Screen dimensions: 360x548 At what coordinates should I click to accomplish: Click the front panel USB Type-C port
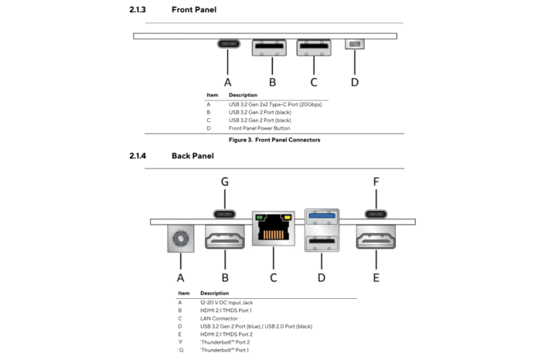pyautogui.click(x=228, y=44)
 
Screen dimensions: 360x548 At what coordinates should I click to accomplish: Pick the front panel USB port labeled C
pyautogui.click(x=314, y=47)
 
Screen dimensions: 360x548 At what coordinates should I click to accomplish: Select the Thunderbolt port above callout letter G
pyautogui.click(x=225, y=214)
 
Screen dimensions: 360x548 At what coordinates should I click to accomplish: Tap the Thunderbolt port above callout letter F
pyautogui.click(x=376, y=214)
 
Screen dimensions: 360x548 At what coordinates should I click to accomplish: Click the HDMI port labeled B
pyautogui.click(x=224, y=239)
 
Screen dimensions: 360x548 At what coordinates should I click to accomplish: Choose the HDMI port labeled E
pyautogui.click(x=376, y=239)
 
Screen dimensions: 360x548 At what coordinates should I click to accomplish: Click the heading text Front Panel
pyautogui.click(x=194, y=10)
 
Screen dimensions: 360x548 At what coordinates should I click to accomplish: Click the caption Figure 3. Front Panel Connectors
pyautogui.click(x=274, y=140)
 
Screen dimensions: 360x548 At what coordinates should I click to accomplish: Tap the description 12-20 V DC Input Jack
pyautogui.click(x=226, y=302)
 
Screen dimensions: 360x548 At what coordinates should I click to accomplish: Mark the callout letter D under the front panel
pyautogui.click(x=355, y=81)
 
